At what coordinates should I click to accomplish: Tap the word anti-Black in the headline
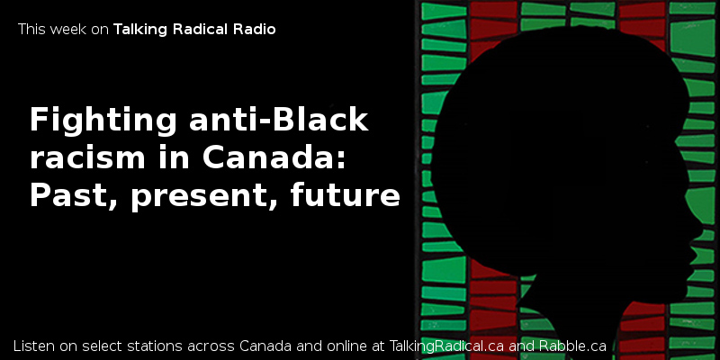click(279, 120)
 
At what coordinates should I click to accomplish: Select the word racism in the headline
click(87, 158)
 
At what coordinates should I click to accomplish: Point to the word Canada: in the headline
click(274, 158)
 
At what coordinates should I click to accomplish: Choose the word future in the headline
click(345, 196)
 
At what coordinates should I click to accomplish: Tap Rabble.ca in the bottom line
click(572, 346)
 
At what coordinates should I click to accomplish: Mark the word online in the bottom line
click(349, 346)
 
